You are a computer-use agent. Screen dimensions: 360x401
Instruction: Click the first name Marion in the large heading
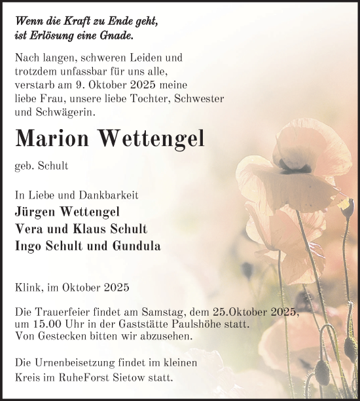pos(52,138)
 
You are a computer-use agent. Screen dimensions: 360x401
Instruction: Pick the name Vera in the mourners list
pos(27,229)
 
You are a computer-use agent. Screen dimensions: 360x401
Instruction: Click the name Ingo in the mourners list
pos(27,246)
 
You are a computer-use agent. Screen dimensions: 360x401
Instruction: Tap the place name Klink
pos(27,287)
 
